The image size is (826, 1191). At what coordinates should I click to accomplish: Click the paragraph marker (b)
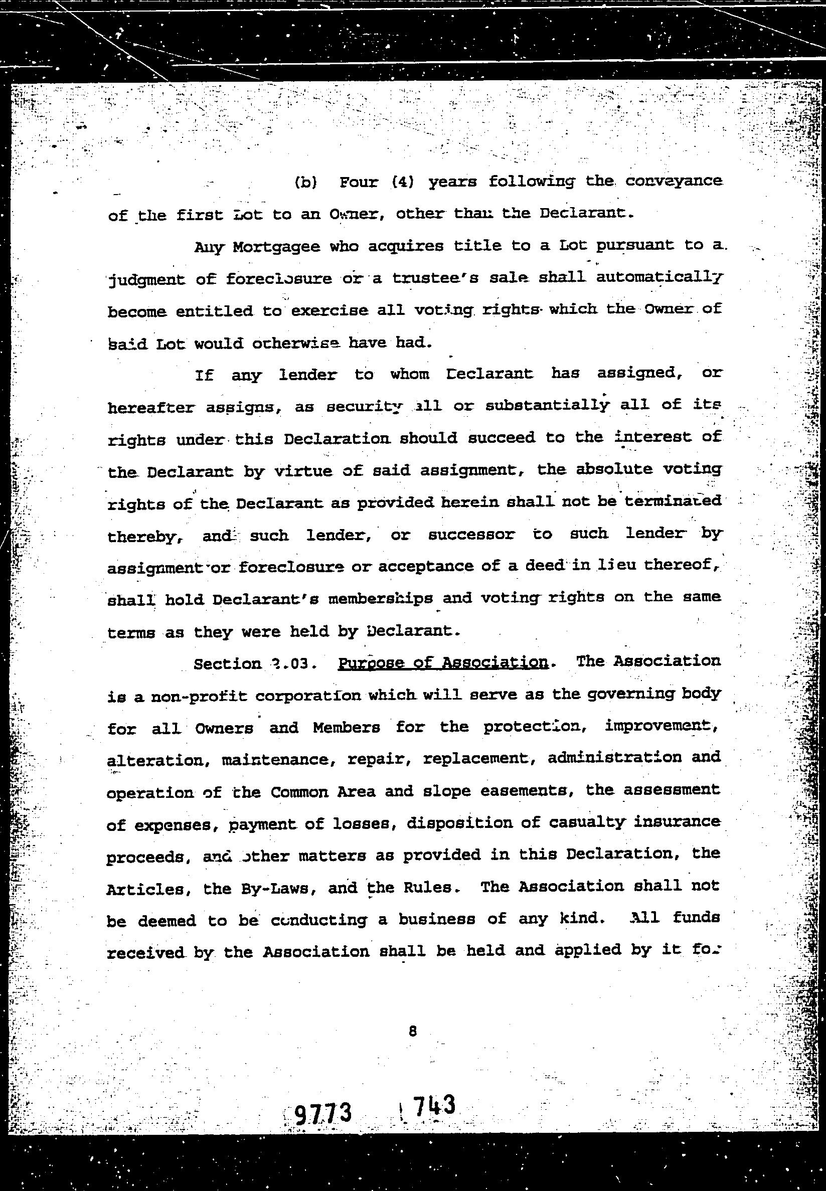tap(305, 183)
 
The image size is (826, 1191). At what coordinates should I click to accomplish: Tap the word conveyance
tap(673, 181)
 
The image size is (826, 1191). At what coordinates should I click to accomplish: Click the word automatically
tap(658, 278)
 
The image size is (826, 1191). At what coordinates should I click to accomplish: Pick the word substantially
tap(547, 406)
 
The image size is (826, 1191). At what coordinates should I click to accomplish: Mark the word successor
tap(471, 535)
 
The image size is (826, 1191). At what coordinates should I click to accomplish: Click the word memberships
tap(381, 599)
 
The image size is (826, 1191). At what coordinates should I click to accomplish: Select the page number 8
tap(412, 1032)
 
